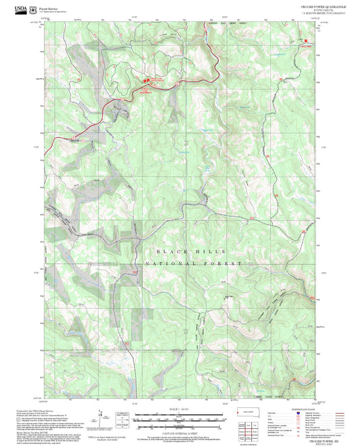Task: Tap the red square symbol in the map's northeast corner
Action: point(307,41)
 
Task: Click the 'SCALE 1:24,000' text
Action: point(180,409)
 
